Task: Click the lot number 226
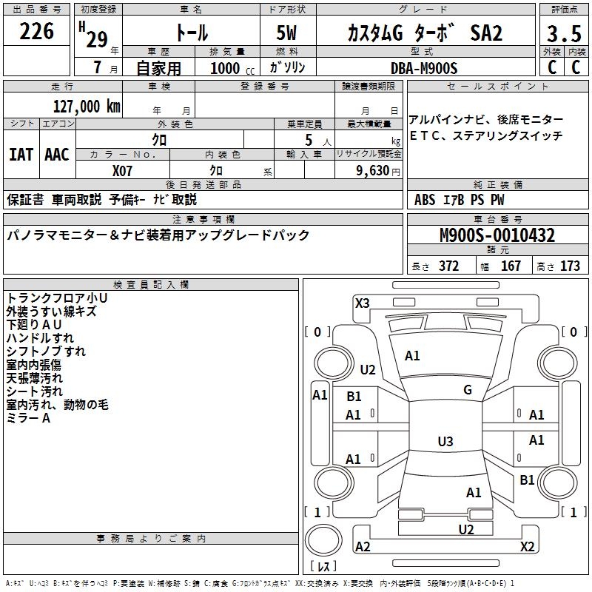tap(37, 32)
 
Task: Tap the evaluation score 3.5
tap(563, 34)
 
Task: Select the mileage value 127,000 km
tap(86, 107)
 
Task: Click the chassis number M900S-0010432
tap(497, 236)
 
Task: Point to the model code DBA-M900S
tap(425, 68)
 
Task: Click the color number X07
tap(123, 170)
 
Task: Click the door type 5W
tap(288, 33)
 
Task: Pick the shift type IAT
tap(21, 155)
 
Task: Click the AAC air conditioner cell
tap(57, 155)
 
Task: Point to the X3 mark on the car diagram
tap(362, 303)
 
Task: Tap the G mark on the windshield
tap(468, 390)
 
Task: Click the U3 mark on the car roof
tap(445, 442)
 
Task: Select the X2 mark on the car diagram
tap(527, 546)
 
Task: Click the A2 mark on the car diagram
tap(363, 546)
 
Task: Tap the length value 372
tap(448, 266)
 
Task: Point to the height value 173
tap(570, 266)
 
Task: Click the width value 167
tap(511, 266)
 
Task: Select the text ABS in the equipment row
tap(425, 200)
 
